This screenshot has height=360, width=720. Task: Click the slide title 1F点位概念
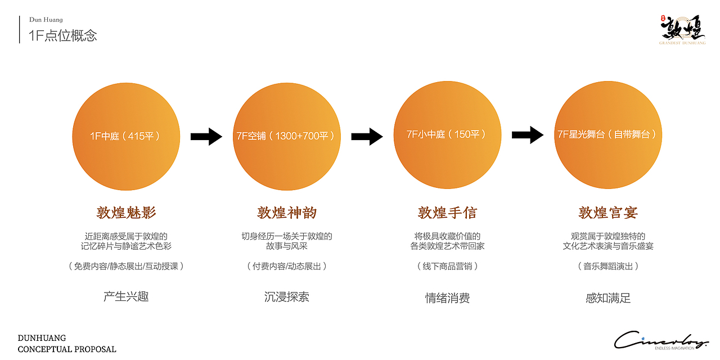pyautogui.click(x=62, y=35)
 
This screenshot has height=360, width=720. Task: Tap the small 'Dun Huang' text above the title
pyautogui.click(x=46, y=20)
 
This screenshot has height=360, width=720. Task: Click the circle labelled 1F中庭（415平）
pyautogui.click(x=126, y=137)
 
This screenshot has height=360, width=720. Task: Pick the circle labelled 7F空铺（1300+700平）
pyautogui.click(x=287, y=137)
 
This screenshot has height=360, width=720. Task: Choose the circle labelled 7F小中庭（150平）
pyautogui.click(x=447, y=135)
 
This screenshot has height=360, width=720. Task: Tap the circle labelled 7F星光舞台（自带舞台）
pyautogui.click(x=608, y=135)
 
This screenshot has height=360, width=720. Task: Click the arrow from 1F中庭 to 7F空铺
pyautogui.click(x=206, y=137)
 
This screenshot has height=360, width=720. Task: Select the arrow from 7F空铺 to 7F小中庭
pyautogui.click(x=367, y=137)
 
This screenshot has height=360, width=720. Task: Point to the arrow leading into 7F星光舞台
pyautogui.click(x=528, y=135)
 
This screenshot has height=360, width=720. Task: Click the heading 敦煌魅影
pyautogui.click(x=126, y=213)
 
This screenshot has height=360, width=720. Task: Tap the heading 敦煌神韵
pyautogui.click(x=287, y=213)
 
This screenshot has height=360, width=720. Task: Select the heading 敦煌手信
pyautogui.click(x=447, y=213)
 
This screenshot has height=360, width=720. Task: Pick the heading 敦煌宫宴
pyautogui.click(x=608, y=213)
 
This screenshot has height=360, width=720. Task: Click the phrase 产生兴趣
pyautogui.click(x=126, y=296)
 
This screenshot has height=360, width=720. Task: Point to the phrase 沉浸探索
pyautogui.click(x=287, y=297)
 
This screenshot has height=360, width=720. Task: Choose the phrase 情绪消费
pyautogui.click(x=447, y=298)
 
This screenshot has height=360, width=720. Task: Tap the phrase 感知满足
pyautogui.click(x=608, y=298)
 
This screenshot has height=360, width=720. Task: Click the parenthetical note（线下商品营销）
pyautogui.click(x=447, y=266)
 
